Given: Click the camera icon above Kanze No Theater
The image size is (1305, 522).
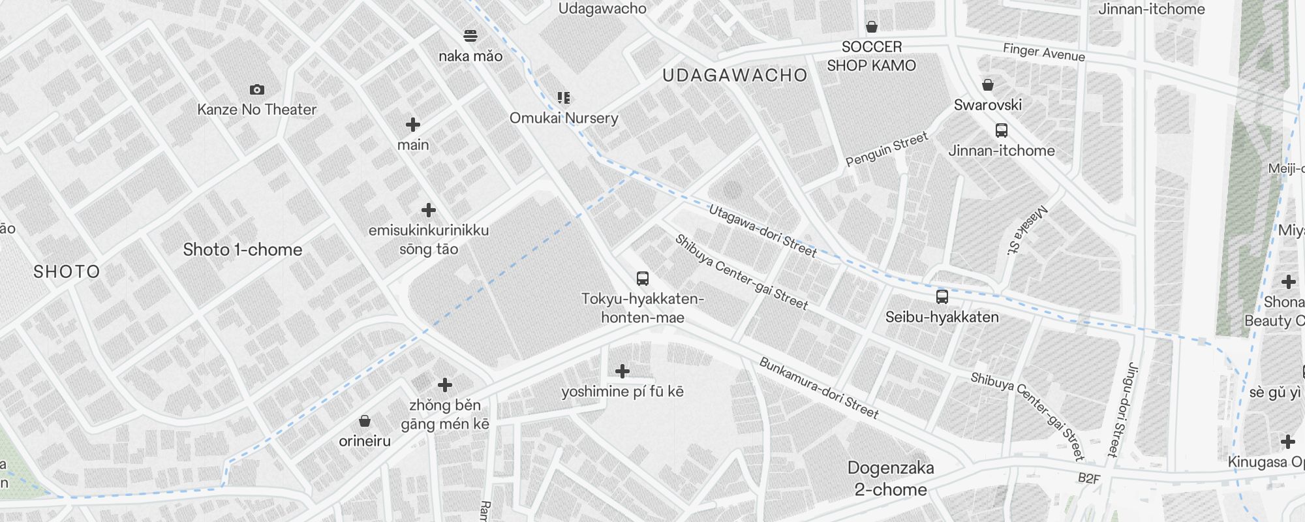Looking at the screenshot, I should pyautogui.click(x=257, y=89).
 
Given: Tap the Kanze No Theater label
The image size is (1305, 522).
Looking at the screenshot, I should pyautogui.click(x=257, y=110).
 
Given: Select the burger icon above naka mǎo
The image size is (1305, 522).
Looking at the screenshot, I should pyautogui.click(x=470, y=35).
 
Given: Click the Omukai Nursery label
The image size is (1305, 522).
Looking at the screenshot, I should pyautogui.click(x=564, y=118).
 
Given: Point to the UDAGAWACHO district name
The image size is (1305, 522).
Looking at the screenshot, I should pyautogui.click(x=735, y=76).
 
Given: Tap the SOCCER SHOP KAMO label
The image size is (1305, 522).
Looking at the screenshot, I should pyautogui.click(x=871, y=56).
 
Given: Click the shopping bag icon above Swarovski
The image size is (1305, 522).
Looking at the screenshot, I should pyautogui.click(x=988, y=85).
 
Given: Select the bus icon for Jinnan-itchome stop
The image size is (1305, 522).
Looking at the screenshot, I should pyautogui.click(x=1002, y=130).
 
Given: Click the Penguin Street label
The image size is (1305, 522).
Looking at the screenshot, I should pyautogui.click(x=887, y=149).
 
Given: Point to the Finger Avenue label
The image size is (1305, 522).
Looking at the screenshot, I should pyautogui.click(x=1044, y=52).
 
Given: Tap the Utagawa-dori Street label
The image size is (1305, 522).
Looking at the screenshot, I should pyautogui.click(x=763, y=231).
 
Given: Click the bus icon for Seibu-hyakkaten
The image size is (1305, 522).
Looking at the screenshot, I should pyautogui.click(x=942, y=297).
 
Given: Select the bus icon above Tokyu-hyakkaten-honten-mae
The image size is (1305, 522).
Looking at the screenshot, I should pyautogui.click(x=643, y=279).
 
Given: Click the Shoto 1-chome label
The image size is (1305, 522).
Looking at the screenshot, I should pyautogui.click(x=243, y=250).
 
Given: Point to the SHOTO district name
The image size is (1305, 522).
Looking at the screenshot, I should pyautogui.click(x=67, y=272).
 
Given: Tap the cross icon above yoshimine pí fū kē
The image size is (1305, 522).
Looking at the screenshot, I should pyautogui.click(x=622, y=371).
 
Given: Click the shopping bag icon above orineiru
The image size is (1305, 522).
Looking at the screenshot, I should pyautogui.click(x=365, y=421).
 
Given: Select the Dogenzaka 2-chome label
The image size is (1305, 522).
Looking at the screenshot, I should pyautogui.click(x=891, y=478).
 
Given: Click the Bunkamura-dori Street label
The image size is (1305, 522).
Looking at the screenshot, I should pyautogui.click(x=819, y=388).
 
